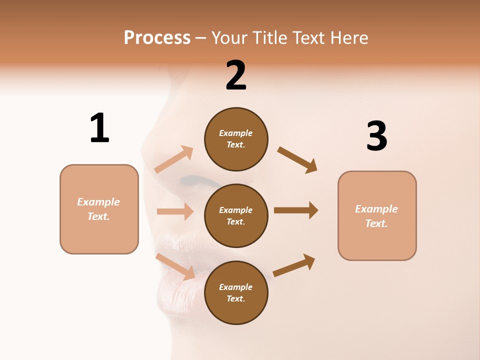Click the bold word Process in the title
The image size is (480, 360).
pos(157,38)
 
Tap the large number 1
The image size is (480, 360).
pos(99,128)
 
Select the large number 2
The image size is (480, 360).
pos(236,75)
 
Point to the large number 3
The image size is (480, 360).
pos(376,136)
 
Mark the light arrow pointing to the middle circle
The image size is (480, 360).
pos(175,211)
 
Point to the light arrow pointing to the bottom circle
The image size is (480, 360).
pos(175,266)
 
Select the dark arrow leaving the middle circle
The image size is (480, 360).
pos(296,210)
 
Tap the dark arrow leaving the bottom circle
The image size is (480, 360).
pos(294,265)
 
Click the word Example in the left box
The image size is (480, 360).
pos(98,202)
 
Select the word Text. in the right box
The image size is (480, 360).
pos(376,223)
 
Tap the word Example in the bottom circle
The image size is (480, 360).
pos(236,287)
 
